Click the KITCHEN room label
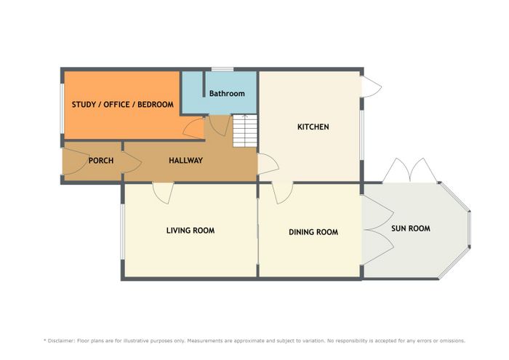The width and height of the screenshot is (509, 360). coord(313,127)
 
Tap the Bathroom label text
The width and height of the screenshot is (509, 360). coord(227,94)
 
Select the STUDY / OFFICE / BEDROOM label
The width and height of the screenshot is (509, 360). coord(123,105)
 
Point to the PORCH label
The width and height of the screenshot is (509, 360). coord(101,160)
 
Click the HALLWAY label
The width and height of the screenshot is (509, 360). coord(185,160)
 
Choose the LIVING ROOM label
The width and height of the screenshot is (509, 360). coord(191,231)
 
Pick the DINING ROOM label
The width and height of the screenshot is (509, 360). coord(313,232)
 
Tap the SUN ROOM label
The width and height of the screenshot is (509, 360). coord(411,228)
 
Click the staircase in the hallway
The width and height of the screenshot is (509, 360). coord(245,130)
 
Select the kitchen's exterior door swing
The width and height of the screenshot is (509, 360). coord(372,87)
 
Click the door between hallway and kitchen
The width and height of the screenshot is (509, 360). coord(268,164)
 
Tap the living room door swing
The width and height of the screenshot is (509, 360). coord(164,193)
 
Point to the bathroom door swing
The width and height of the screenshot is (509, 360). coord(220,126)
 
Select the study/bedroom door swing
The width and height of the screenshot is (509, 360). coord(194,129)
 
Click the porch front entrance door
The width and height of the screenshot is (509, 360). coord(76,161)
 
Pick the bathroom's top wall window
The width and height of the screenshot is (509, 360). coord(223,69)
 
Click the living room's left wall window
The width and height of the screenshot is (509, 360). coord(123,232)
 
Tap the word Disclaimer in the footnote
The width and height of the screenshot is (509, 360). coord(61,341)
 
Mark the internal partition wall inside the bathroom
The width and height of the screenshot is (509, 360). coord(204,84)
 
